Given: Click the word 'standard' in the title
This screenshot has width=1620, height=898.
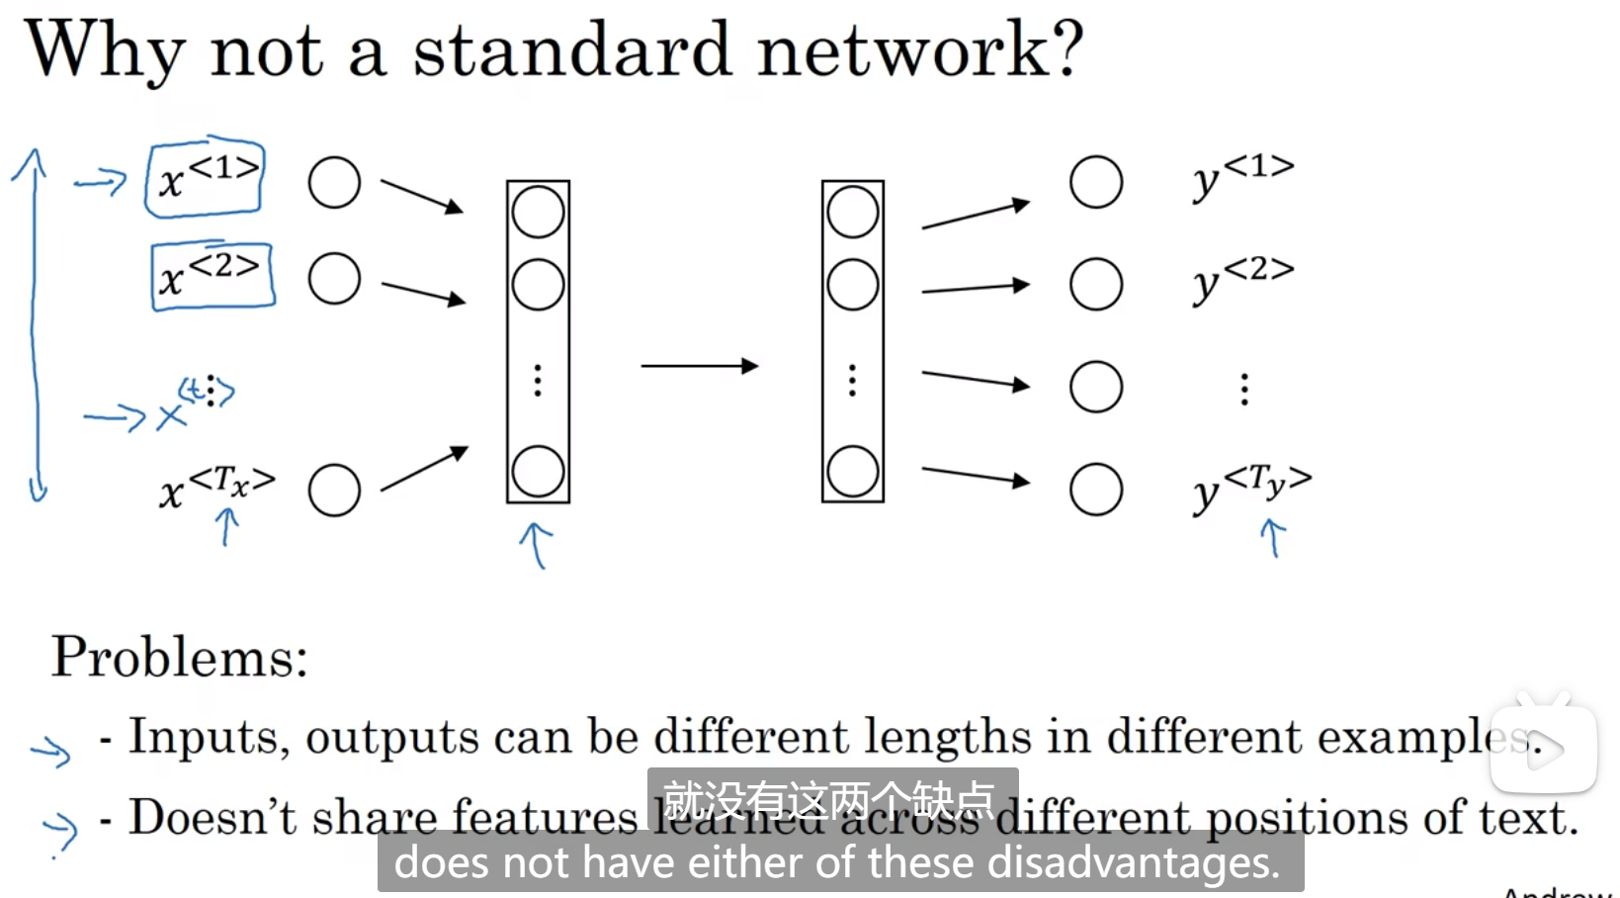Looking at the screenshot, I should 571,49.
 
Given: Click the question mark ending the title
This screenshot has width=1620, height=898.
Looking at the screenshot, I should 1066,49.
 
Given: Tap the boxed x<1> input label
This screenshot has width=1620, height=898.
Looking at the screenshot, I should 206,179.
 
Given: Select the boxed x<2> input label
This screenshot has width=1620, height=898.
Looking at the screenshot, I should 213,276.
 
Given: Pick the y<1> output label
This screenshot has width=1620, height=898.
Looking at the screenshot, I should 1242,177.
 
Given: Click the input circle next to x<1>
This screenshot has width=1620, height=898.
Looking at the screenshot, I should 334,183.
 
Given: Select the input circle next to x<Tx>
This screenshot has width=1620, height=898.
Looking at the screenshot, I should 334,491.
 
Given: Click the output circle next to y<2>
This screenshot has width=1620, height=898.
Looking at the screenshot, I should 1096,285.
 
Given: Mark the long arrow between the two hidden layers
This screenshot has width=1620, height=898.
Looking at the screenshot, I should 699,366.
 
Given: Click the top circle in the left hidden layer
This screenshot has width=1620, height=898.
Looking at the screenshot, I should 538,213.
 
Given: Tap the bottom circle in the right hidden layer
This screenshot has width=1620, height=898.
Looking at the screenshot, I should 853,472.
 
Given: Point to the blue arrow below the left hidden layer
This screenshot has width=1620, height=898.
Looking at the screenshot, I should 537,545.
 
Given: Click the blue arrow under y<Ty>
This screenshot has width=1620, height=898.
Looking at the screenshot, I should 1273,538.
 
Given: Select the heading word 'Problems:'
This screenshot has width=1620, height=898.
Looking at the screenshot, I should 180,657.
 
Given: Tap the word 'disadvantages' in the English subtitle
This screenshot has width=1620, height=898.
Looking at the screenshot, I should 1133,862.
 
